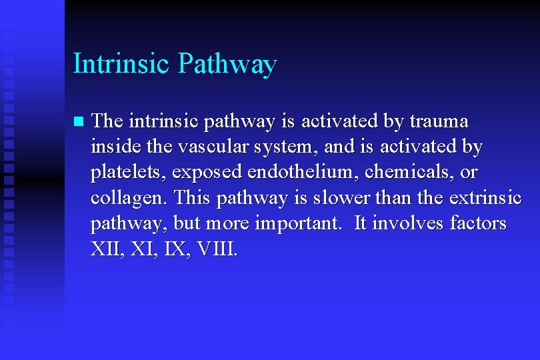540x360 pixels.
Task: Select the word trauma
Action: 439,121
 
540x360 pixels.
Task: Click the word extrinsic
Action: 486,198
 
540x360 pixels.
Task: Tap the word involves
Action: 407,223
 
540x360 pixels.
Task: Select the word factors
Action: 478,223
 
